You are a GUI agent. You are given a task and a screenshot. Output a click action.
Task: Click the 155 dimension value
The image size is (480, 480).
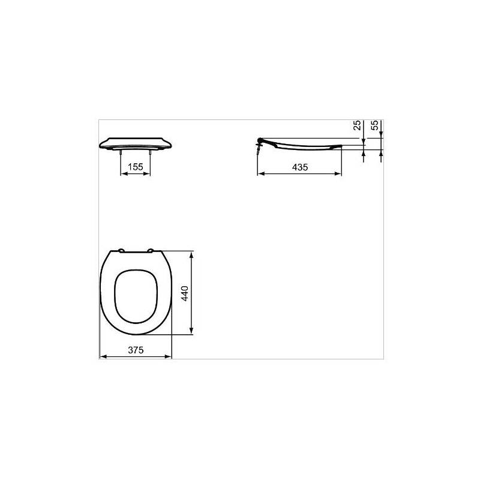[x=136, y=167]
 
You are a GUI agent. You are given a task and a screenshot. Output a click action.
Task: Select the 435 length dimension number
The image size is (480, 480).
[x=299, y=167]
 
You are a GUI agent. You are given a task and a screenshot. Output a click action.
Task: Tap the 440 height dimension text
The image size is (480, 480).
[x=185, y=293]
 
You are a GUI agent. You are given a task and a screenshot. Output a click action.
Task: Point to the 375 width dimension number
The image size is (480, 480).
[x=136, y=350]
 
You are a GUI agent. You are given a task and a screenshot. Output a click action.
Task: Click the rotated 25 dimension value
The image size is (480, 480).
[x=358, y=126]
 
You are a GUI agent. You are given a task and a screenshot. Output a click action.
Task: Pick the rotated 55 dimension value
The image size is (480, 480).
[x=376, y=126]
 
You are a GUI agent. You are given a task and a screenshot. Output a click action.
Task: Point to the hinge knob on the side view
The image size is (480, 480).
[x=259, y=142]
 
